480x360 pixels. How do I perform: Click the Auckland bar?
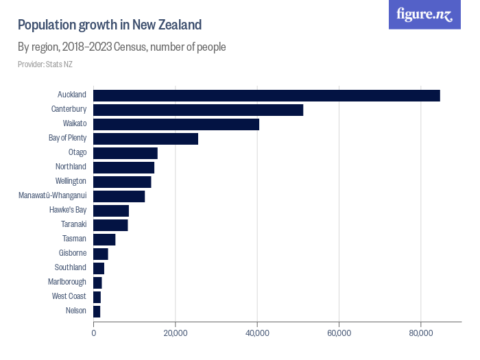point(266,95)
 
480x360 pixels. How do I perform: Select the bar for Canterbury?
point(198,110)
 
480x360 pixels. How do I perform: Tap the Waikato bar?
point(176,124)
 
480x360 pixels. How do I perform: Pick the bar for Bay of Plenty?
point(145,139)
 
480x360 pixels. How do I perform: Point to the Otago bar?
point(125,153)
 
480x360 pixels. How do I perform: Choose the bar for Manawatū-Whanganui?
point(119,196)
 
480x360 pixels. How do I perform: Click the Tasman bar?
point(104,239)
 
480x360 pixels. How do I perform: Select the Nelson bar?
point(97,311)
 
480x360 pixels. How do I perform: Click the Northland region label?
point(71,167)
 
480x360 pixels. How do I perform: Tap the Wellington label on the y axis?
point(71,181)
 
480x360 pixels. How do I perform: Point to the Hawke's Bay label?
point(68,210)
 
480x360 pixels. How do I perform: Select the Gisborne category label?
point(73,253)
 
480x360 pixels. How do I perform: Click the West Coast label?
point(69,296)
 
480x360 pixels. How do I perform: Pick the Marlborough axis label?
point(67,282)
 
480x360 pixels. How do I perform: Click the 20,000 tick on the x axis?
point(176,333)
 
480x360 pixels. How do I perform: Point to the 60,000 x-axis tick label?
point(339,333)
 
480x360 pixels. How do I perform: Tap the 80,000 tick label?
point(421,333)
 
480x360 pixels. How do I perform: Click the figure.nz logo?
point(424,14)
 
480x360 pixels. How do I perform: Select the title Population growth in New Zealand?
point(110,25)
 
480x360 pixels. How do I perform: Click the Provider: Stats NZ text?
point(45,64)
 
